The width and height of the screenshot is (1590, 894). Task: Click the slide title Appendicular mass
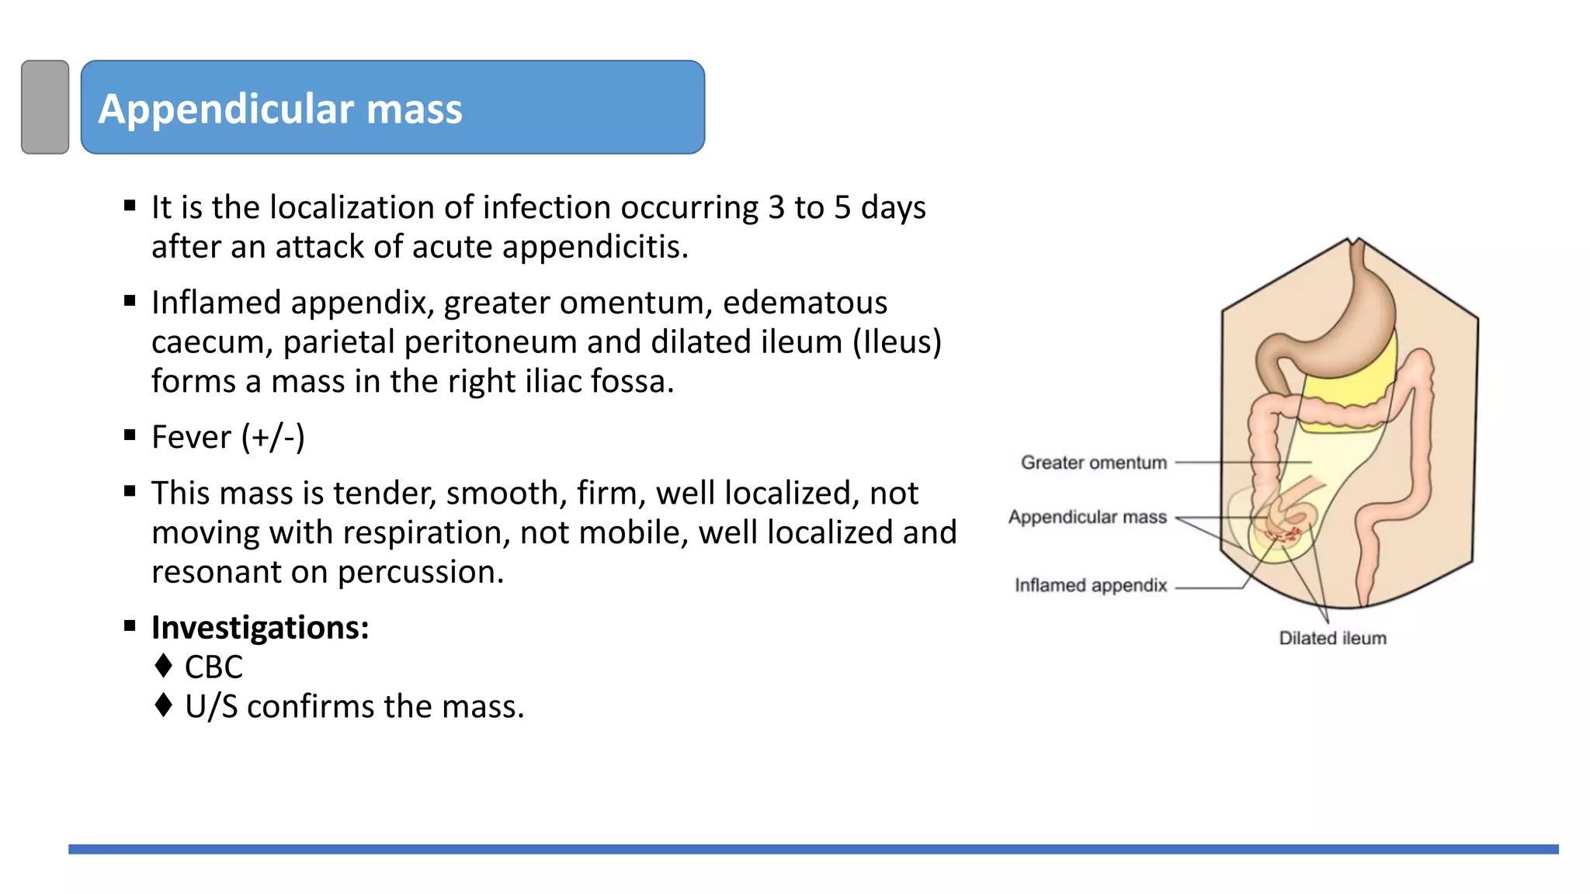280,109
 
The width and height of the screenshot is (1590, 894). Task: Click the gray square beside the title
45,107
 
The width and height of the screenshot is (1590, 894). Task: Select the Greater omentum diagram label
1093,463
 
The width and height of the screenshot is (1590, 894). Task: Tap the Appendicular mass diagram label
1087,517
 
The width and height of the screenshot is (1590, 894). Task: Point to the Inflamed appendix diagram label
1090,585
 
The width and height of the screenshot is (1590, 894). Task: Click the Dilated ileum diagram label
1332,638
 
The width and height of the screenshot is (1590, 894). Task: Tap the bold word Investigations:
260,627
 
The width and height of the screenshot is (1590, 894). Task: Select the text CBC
214,667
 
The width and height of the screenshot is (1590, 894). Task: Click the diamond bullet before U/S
163,705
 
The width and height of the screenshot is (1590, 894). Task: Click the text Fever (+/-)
227,437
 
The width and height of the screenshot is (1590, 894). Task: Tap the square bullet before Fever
130,435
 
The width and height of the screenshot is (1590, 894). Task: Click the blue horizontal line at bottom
813,849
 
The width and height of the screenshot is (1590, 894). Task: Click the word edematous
804,303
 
